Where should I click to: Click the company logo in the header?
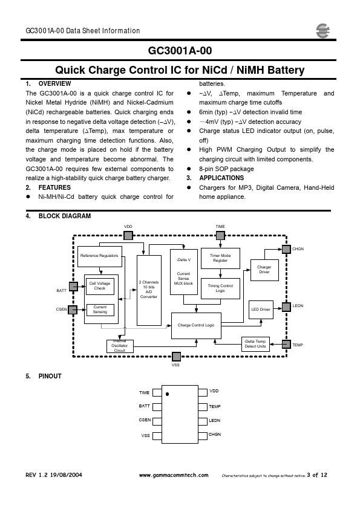point(322,31)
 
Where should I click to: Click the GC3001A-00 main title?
point(180,51)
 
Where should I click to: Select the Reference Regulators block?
point(100,256)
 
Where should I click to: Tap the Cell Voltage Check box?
point(100,286)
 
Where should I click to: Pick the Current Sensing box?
point(100,310)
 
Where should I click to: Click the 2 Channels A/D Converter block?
point(149,290)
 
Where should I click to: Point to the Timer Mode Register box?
point(220,258)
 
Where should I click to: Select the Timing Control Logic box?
point(220,288)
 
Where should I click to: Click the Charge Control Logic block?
point(196,326)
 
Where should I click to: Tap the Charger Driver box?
point(264,270)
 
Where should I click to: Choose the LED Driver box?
point(261,310)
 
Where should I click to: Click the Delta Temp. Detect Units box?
point(256,344)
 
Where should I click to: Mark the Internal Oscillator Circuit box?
point(120,346)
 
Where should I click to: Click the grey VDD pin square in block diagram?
point(128,235)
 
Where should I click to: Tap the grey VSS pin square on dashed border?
point(176,357)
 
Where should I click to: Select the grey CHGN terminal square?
point(286,249)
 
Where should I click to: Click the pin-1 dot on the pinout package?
point(168,394)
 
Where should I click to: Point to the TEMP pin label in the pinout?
point(214,406)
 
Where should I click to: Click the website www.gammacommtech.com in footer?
point(174,475)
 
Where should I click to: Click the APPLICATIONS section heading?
point(221,178)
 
